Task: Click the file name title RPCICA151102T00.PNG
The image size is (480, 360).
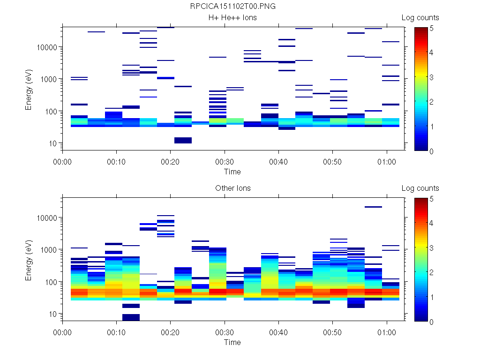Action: (x=232, y=7)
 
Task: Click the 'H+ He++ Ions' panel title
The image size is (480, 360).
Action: (x=232, y=18)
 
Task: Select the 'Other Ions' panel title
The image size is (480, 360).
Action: (x=232, y=188)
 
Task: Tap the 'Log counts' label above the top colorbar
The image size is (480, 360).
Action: (x=420, y=18)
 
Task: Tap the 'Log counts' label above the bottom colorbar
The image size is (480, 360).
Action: (x=420, y=188)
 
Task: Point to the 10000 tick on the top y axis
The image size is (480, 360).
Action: (x=47, y=47)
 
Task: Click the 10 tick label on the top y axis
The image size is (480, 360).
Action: (x=52, y=143)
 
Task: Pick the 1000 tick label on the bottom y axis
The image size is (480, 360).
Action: (x=49, y=250)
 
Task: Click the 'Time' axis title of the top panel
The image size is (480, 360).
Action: (x=232, y=172)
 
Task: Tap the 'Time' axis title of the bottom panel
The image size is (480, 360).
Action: (x=232, y=342)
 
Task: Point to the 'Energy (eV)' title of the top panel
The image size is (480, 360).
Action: (x=29, y=89)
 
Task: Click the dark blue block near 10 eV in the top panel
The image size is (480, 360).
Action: (x=183, y=140)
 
